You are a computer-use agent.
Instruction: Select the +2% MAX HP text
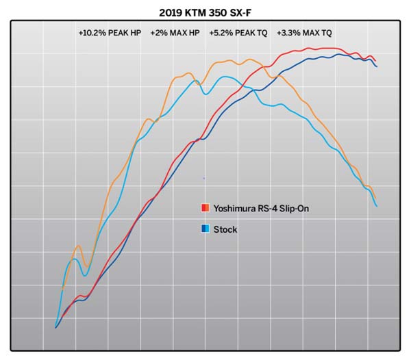coord(175,32)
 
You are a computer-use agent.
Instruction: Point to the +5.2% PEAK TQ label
coord(238,32)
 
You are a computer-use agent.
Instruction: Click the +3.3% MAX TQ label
coord(304,32)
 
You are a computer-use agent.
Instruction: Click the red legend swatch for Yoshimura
coord(205,207)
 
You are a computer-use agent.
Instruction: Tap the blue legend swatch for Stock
coord(205,229)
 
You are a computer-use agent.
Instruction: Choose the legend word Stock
coord(225,229)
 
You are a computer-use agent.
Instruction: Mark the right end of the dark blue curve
coord(377,66)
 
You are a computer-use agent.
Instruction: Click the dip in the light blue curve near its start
coord(85,275)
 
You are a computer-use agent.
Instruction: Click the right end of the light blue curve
coord(377,206)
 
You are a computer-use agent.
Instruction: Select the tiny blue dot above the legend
coord(203,178)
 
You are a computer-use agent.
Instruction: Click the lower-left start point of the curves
coord(55,328)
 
